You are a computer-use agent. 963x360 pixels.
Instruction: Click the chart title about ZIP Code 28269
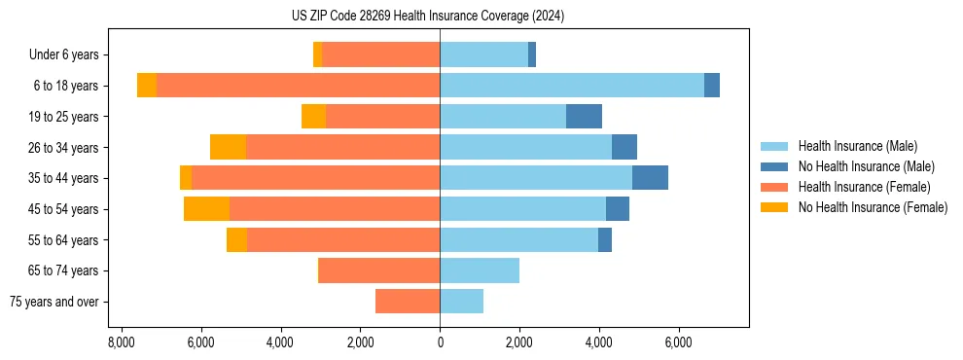click(x=441, y=17)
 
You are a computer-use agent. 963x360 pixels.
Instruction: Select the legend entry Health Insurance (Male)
click(x=857, y=146)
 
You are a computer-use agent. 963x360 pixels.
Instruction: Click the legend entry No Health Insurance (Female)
click(x=873, y=207)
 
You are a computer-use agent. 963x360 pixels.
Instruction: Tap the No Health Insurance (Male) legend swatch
click(x=775, y=166)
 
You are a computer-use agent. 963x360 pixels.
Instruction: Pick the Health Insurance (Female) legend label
click(x=865, y=187)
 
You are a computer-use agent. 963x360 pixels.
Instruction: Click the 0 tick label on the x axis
click(x=440, y=343)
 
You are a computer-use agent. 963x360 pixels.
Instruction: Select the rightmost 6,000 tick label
click(x=678, y=343)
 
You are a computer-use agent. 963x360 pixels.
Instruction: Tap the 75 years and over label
click(x=54, y=302)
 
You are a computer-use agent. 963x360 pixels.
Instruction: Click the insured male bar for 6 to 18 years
click(x=572, y=86)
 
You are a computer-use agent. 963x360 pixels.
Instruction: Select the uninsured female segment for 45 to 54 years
click(x=206, y=209)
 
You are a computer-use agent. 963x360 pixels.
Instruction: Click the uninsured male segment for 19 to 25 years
click(x=584, y=117)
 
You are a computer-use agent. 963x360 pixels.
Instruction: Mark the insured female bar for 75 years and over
click(x=408, y=302)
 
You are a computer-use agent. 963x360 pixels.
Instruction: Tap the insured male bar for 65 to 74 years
click(x=480, y=270)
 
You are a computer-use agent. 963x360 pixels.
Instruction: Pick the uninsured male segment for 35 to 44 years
click(x=650, y=178)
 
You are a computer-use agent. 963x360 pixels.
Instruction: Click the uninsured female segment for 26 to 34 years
click(x=228, y=147)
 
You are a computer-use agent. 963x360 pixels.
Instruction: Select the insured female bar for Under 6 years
click(x=380, y=54)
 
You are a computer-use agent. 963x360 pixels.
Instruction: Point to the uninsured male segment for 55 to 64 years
click(x=605, y=239)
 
